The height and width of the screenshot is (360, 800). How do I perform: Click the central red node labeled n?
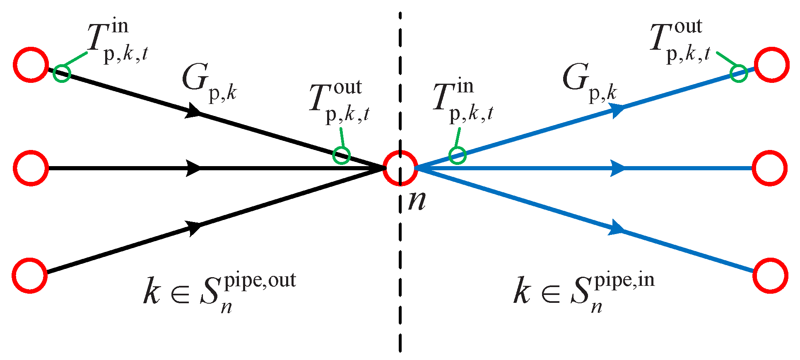[400, 168]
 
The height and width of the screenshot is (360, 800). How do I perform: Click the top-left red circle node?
[31, 65]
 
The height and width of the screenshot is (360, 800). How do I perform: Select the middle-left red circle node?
[31, 168]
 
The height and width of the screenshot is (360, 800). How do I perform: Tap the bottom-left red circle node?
[30, 275]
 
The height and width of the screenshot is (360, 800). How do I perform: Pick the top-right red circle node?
[771, 65]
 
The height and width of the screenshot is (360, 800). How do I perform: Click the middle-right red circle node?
[770, 168]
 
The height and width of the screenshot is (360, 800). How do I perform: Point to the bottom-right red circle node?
[770, 275]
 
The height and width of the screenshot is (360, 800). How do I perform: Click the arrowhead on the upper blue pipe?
[618, 110]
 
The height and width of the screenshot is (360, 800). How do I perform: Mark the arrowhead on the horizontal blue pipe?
[618, 168]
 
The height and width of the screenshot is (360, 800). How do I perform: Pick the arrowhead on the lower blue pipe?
[616, 228]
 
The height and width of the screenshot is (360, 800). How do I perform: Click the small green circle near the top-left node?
[62, 73]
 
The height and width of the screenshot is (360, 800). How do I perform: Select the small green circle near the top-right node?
[739, 74]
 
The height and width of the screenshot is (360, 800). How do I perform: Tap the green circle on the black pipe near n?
[342, 155]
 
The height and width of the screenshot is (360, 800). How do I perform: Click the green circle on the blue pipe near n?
[458, 155]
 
